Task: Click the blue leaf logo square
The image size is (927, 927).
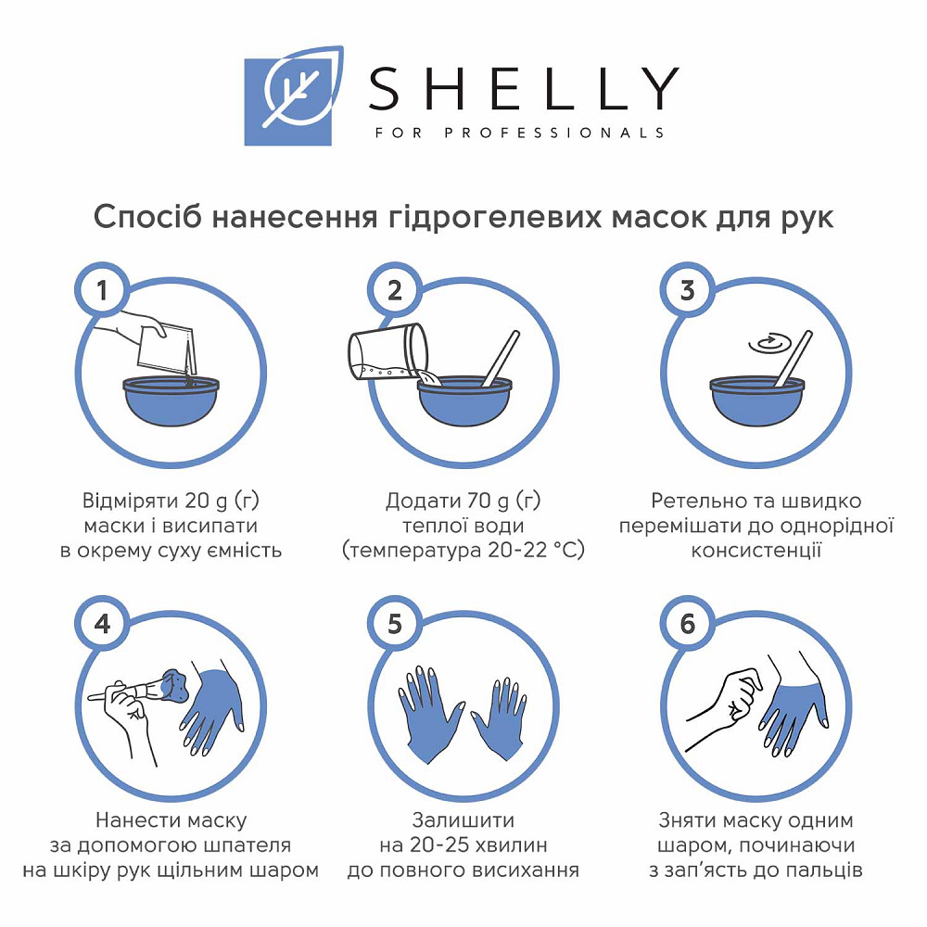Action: click(x=287, y=102)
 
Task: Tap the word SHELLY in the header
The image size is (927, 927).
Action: click(x=523, y=90)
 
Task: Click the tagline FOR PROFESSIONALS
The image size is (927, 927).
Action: click(x=520, y=133)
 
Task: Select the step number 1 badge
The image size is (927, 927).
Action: click(x=102, y=290)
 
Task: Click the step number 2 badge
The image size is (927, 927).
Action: click(x=395, y=290)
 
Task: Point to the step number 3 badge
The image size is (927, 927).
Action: click(x=687, y=290)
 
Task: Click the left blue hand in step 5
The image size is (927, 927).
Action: click(x=428, y=709)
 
